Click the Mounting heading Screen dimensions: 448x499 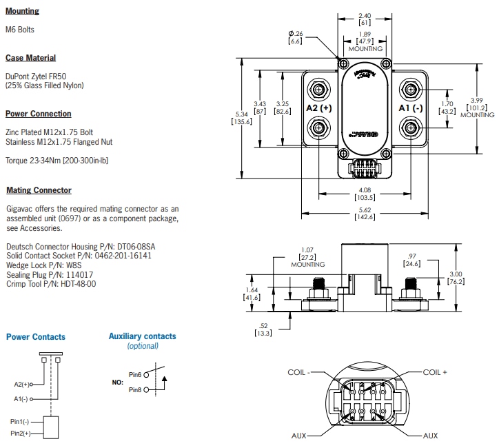(x=23, y=11)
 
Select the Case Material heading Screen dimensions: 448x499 (x=30, y=58)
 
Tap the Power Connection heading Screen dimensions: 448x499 (x=39, y=114)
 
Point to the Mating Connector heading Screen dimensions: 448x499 (x=39, y=190)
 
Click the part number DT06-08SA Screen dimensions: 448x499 (x=136, y=246)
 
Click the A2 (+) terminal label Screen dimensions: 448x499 (x=318, y=108)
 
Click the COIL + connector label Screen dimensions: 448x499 (x=435, y=371)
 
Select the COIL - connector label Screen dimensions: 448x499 (x=299, y=372)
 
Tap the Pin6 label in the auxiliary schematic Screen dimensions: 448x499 (x=134, y=375)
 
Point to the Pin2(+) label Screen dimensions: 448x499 (x=20, y=433)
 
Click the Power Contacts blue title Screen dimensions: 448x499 (x=36, y=337)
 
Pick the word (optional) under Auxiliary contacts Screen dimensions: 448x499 (x=143, y=346)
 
